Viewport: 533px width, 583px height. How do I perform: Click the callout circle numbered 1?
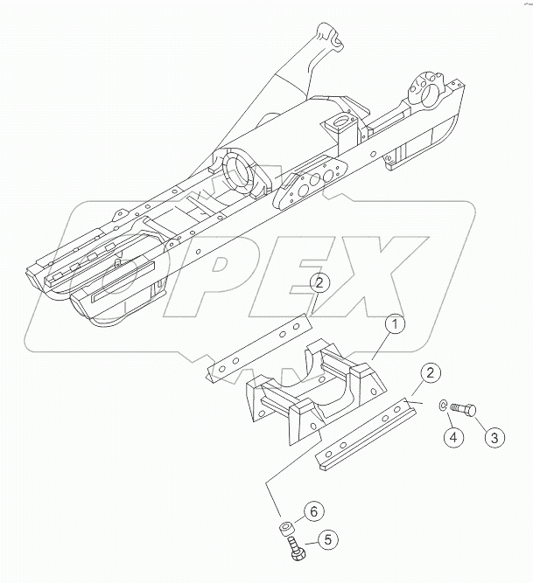395,325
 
